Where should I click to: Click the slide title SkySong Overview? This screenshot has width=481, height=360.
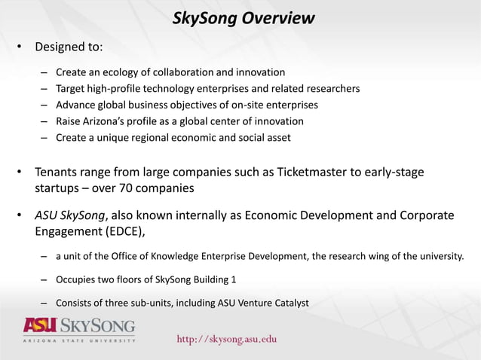(244, 18)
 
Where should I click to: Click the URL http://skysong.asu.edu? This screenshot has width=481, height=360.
(227, 339)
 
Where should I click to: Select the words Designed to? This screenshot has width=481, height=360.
(69, 47)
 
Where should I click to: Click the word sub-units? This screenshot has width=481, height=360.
(155, 304)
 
